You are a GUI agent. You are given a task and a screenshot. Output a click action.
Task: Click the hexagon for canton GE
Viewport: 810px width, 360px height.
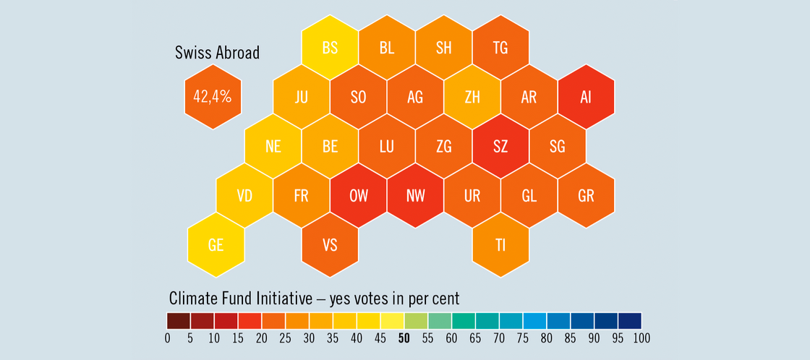click(216, 245)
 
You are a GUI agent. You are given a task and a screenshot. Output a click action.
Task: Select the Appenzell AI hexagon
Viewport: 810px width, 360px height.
click(586, 97)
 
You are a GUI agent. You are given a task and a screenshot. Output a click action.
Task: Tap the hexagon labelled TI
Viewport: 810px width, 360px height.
click(500, 245)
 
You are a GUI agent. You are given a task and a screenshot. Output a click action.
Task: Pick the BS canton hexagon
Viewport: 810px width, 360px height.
click(330, 48)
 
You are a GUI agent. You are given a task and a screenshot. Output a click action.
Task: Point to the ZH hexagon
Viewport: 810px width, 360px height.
click(472, 97)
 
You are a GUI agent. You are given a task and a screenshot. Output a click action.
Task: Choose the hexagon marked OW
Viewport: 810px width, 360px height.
click(358, 196)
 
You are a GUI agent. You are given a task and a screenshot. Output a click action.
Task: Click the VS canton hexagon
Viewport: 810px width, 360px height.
click(330, 245)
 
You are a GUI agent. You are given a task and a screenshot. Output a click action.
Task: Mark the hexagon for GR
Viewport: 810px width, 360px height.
click(586, 196)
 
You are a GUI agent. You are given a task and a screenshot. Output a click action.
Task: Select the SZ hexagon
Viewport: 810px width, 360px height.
click(500, 146)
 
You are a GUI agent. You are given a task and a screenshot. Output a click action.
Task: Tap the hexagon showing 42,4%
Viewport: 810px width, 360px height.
click(213, 97)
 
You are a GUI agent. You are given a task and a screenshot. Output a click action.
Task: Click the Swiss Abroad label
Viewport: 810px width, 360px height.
click(217, 53)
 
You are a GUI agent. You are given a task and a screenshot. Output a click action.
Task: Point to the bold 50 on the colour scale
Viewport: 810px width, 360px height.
click(404, 337)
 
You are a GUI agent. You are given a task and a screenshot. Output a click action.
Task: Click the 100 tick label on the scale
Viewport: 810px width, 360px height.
click(641, 337)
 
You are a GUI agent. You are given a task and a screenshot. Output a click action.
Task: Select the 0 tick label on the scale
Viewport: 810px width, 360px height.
click(167, 337)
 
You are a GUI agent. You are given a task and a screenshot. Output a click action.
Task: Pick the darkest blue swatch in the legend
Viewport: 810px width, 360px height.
click(630, 320)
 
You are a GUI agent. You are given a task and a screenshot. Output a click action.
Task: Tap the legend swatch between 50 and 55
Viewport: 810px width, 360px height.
click(416, 320)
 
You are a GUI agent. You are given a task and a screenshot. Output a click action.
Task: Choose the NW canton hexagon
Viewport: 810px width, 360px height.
click(415, 196)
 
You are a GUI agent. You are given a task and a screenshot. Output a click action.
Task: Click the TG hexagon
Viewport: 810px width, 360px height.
click(500, 48)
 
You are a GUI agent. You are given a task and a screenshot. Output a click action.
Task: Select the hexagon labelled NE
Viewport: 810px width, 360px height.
click(273, 146)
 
